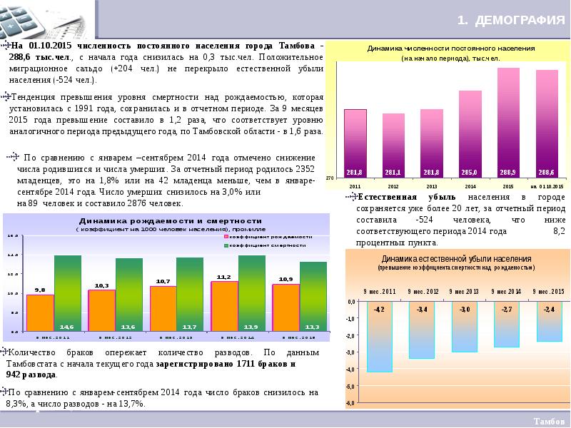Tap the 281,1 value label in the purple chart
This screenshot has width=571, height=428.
(x=393, y=173)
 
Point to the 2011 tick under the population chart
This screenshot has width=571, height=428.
(x=355, y=185)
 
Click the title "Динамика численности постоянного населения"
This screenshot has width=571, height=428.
(x=451, y=48)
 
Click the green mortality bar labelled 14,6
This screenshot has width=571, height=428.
(x=68, y=292)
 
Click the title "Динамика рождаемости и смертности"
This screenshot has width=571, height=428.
(x=170, y=221)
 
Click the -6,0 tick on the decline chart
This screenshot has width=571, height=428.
(x=350, y=404)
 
